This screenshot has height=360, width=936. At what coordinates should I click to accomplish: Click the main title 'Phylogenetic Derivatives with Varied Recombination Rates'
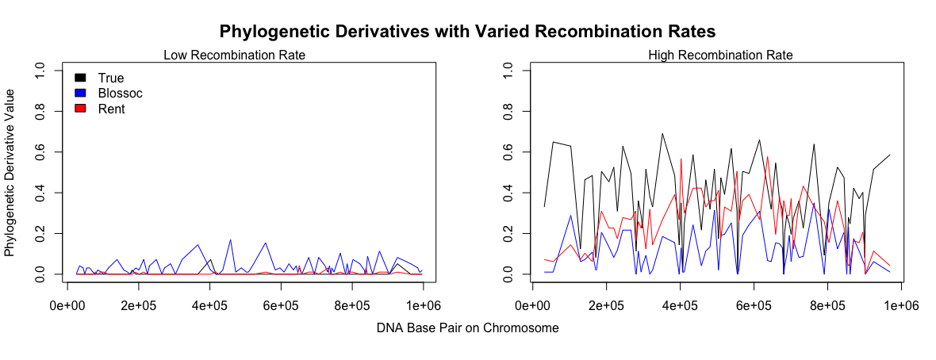(x=467, y=31)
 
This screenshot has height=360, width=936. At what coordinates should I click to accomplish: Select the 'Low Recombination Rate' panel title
(x=235, y=56)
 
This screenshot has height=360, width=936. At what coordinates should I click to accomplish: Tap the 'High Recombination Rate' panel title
(x=720, y=56)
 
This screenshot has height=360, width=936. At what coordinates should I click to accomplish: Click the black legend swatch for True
(x=80, y=78)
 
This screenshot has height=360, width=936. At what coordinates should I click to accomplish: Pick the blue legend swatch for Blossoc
(x=80, y=93)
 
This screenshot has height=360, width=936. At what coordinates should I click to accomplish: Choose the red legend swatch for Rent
(x=80, y=109)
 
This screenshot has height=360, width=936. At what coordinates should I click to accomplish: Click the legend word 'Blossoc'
(x=121, y=93)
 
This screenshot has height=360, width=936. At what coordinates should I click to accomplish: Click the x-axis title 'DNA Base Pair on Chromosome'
(x=467, y=328)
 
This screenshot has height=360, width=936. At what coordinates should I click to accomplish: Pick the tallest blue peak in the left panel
(x=230, y=240)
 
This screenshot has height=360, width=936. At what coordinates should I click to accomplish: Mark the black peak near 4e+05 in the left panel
(x=210, y=260)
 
